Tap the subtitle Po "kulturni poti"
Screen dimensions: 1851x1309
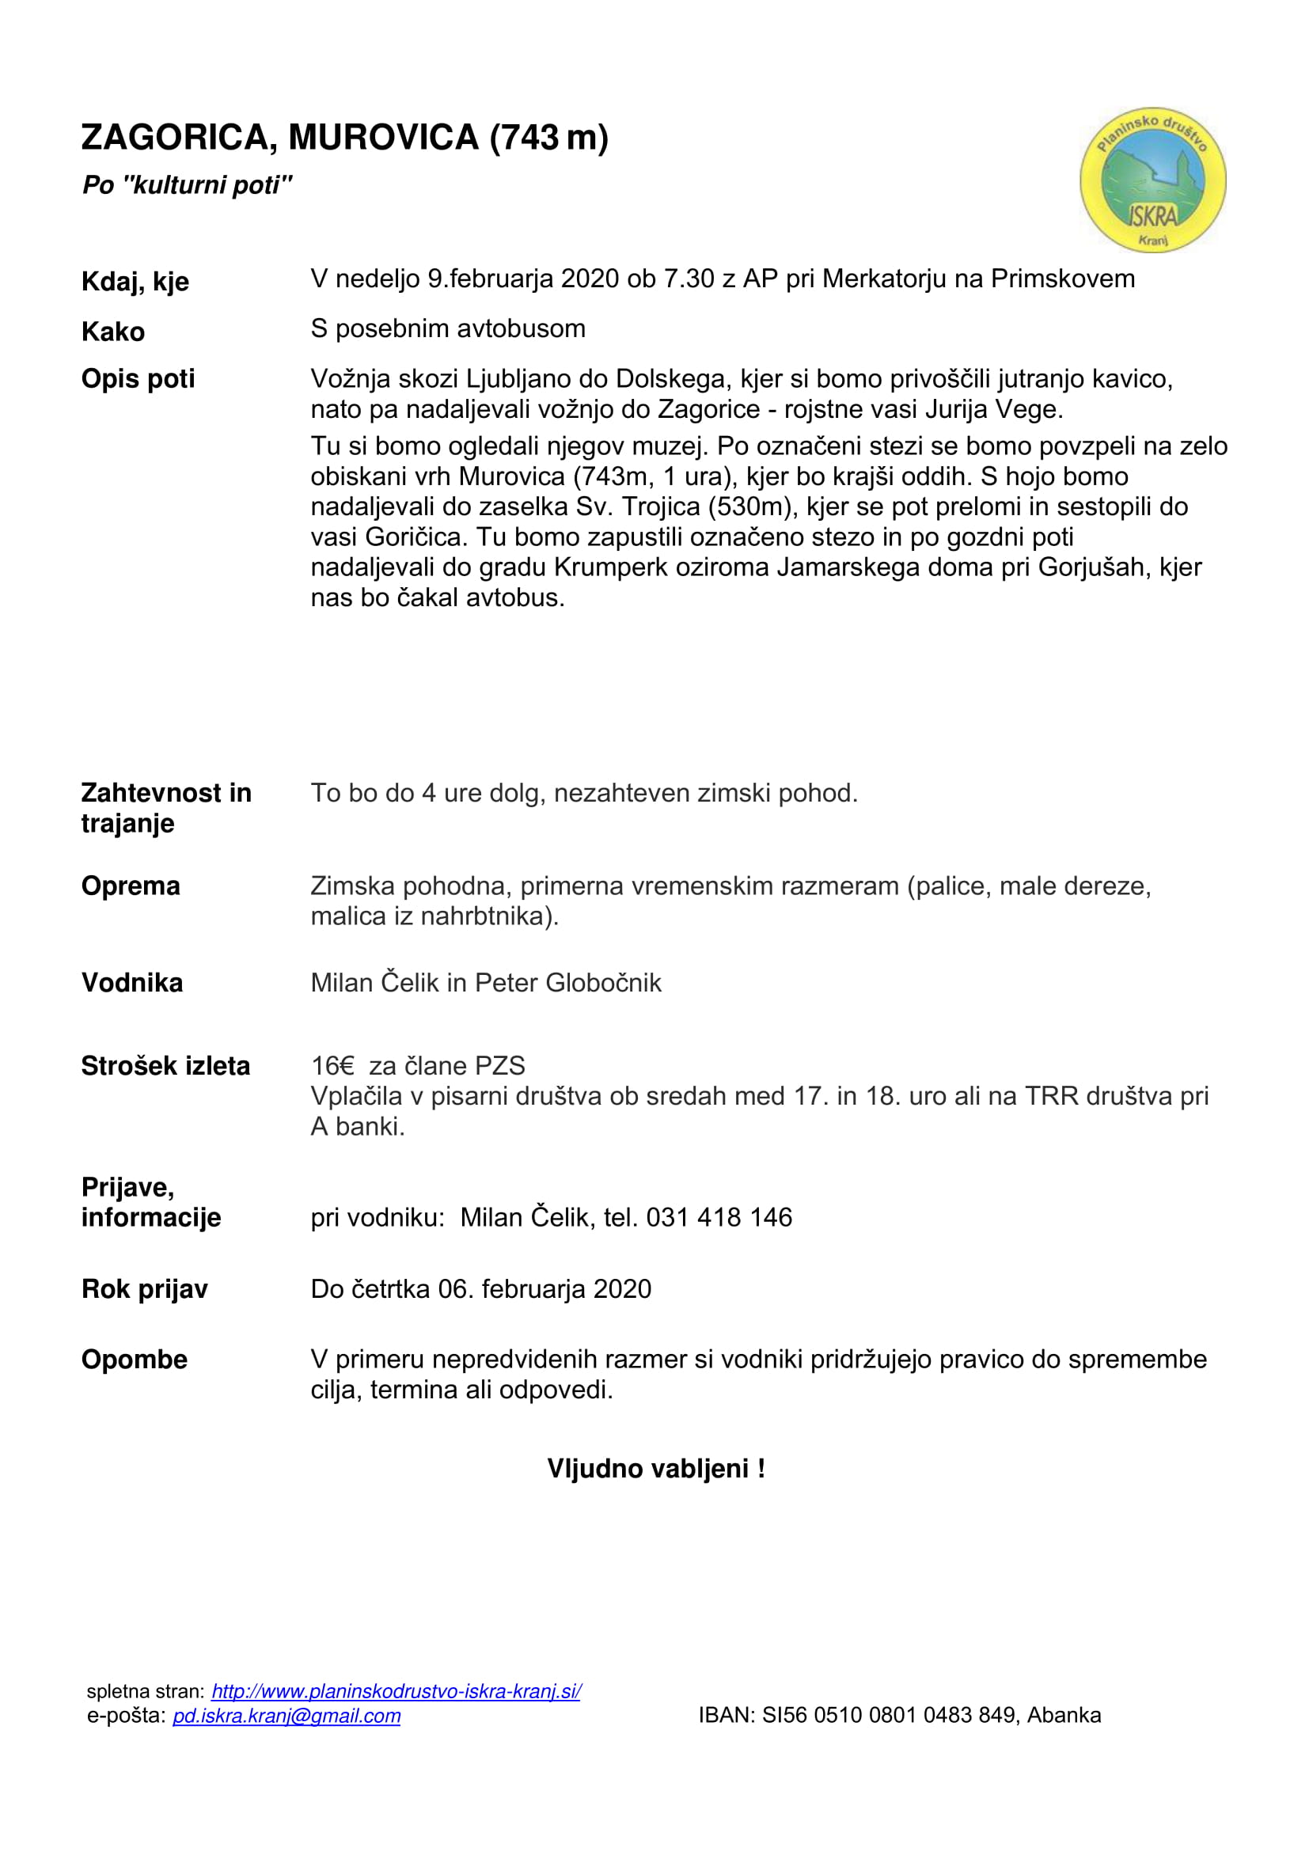186,185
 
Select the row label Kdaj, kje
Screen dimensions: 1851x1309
135,282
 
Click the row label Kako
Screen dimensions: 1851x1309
113,332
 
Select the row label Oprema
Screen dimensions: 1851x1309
131,886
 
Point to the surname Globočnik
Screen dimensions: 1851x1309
603,983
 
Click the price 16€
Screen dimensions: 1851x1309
332,1066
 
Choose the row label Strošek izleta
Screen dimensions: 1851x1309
165,1066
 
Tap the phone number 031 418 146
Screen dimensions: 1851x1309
719,1217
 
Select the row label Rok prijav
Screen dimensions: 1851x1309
144,1289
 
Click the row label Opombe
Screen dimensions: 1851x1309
134,1360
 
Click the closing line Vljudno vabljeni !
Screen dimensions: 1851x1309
655,1469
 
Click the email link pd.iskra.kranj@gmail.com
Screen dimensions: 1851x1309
286,1716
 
